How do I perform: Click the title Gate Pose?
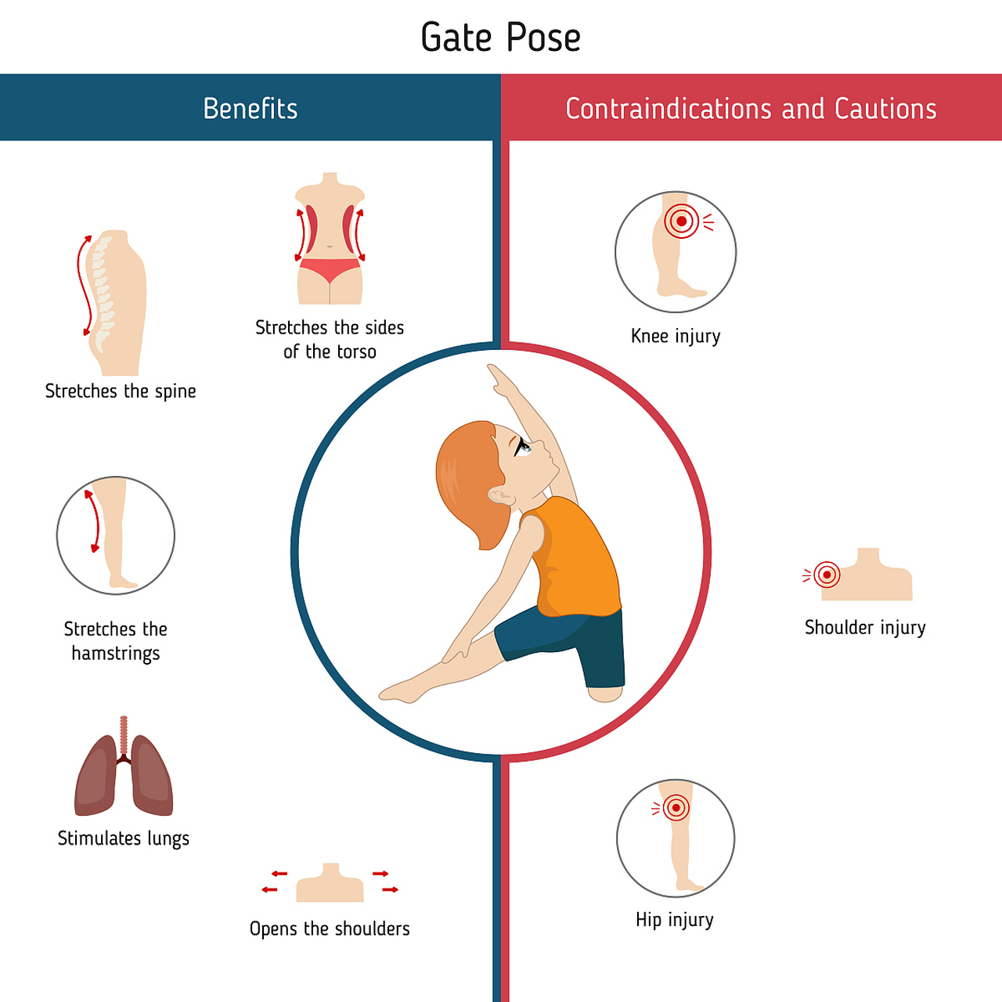pos(500,38)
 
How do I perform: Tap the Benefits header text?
pos(250,109)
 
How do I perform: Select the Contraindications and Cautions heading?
pos(751,109)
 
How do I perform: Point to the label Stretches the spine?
pos(121,391)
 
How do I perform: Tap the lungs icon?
pos(124,775)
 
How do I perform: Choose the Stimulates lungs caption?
pos(124,838)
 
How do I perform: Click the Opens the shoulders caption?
pos(330,929)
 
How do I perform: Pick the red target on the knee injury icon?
pos(682,222)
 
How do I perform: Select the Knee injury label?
pos(676,337)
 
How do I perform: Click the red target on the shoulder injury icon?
pos(827,575)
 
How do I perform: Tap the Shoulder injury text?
pos(865,628)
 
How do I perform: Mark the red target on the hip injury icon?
pos(676,807)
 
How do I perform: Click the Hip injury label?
pos(675,920)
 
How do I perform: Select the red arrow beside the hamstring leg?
pos(93,521)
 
